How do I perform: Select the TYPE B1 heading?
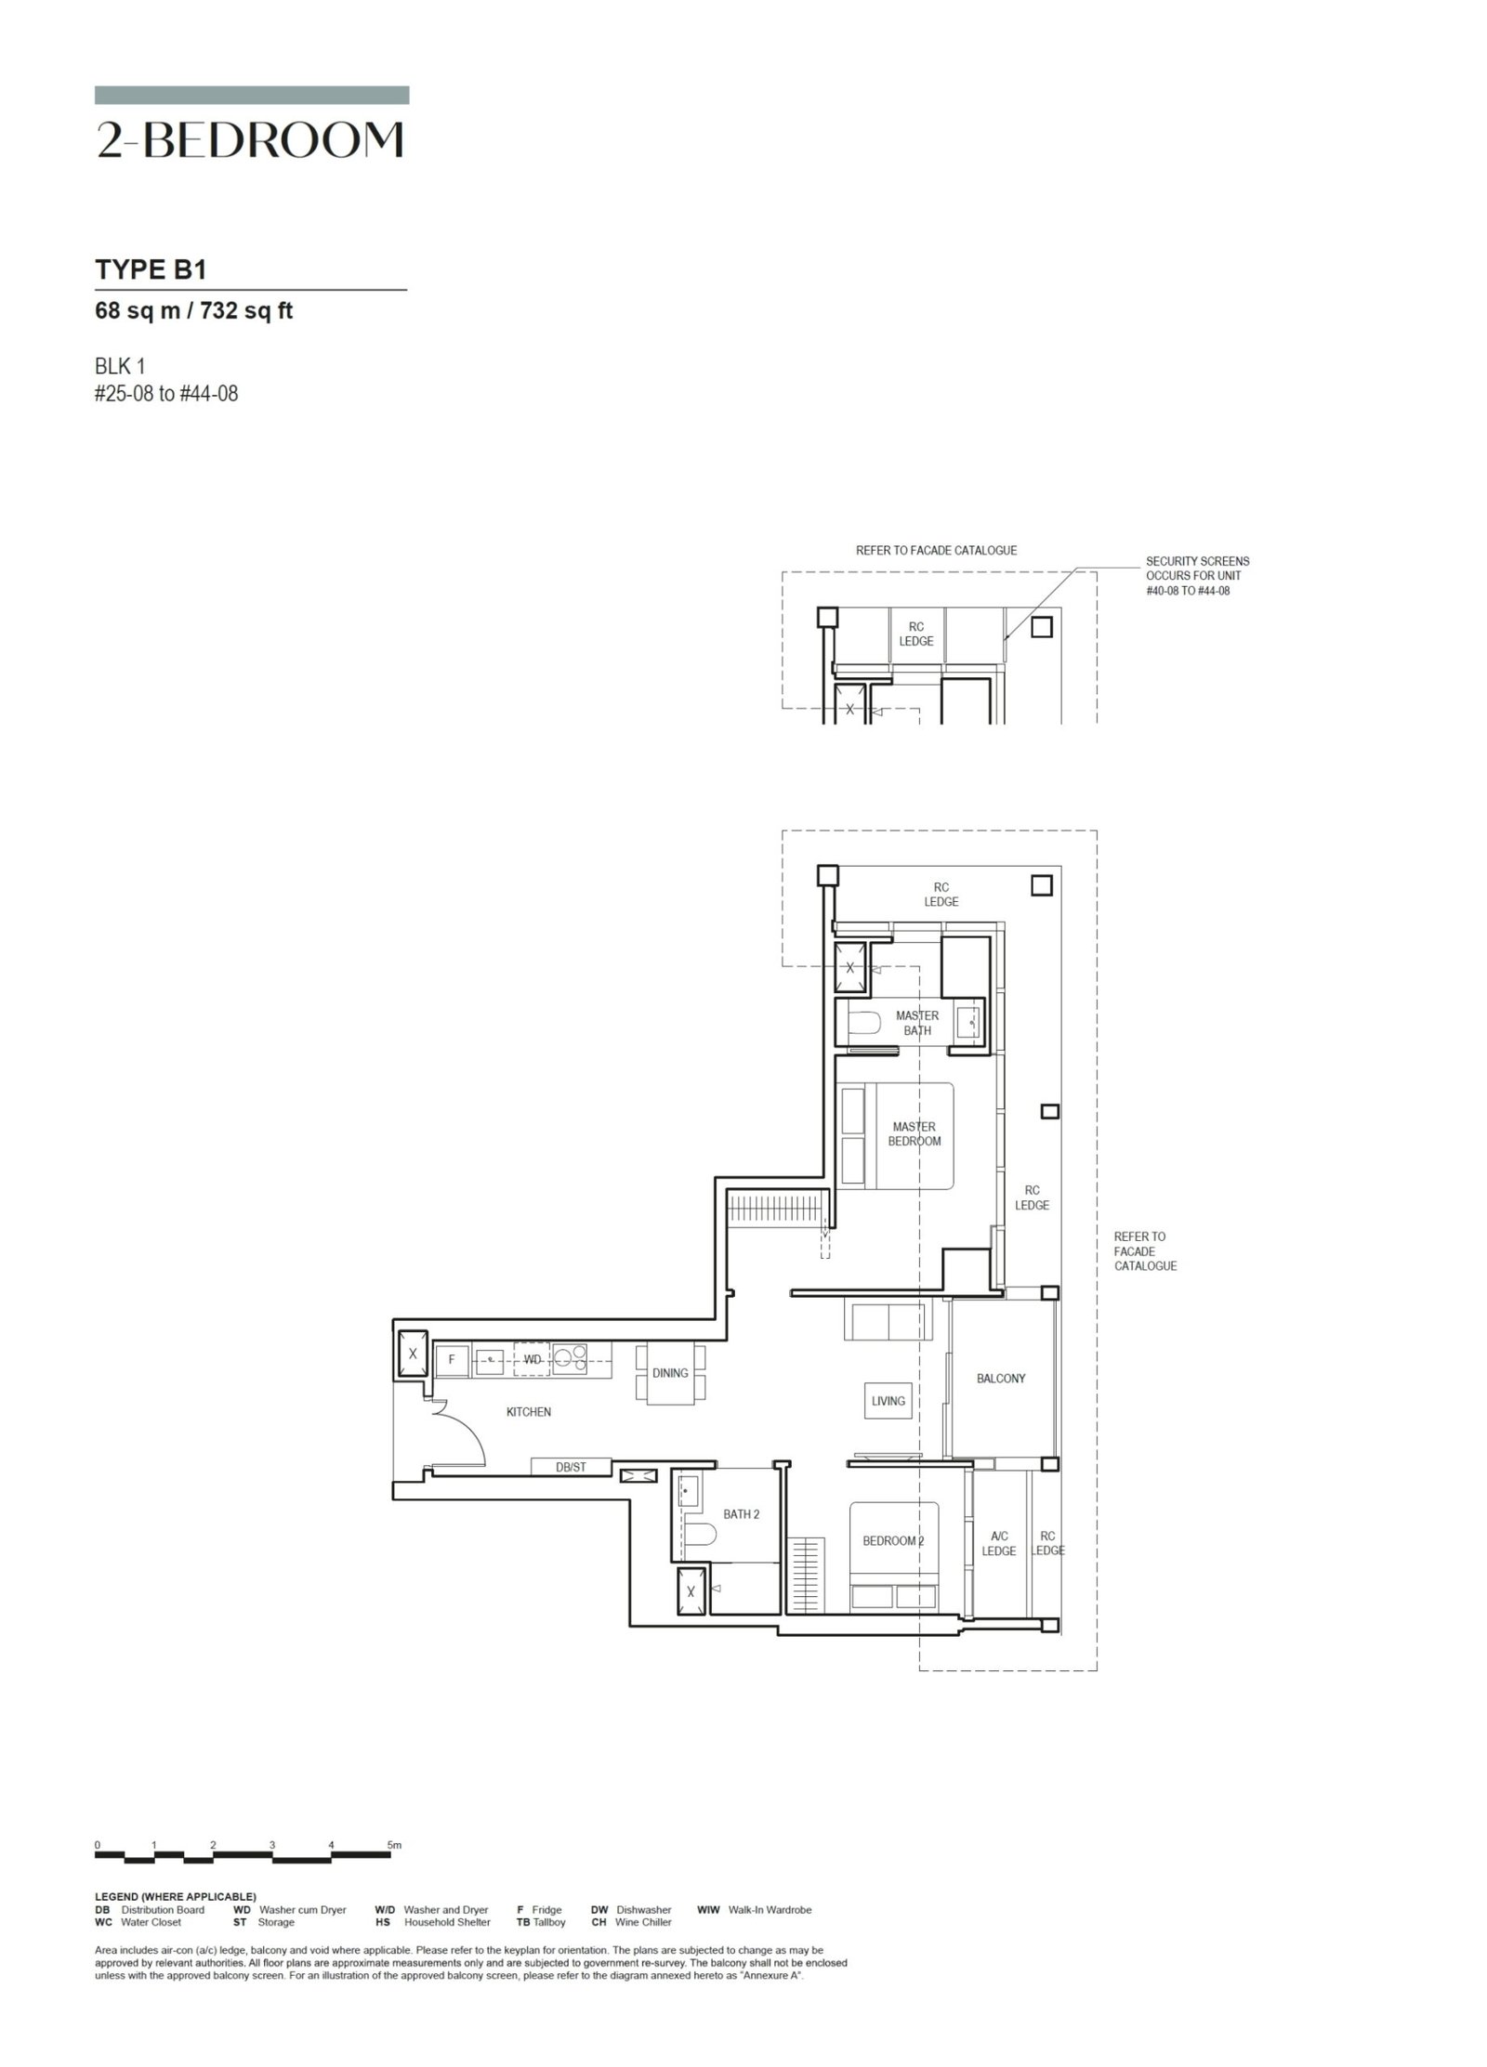point(151,269)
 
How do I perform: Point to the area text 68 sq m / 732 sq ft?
point(194,311)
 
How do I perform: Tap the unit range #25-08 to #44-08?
point(167,394)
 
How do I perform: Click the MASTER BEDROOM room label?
point(914,1133)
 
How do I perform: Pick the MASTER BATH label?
point(917,1023)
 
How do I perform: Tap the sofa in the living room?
point(887,1320)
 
